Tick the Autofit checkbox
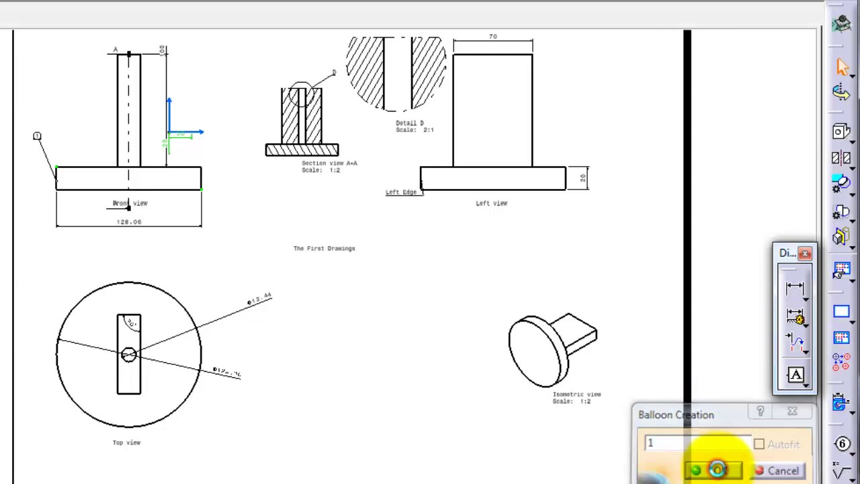pos(759,444)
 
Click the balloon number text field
pos(695,444)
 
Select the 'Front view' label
pos(130,203)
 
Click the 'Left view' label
pos(491,203)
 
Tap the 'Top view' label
pos(126,442)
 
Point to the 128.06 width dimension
pos(128,221)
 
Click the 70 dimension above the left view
pos(493,37)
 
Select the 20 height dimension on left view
pos(583,178)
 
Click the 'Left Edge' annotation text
pos(401,192)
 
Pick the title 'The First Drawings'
pos(324,248)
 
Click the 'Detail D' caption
pos(410,123)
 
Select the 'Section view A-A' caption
pos(329,163)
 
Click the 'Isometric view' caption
pos(576,395)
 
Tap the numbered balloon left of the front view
pos(37,136)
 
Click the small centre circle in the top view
pos(128,354)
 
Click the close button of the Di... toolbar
pos(805,253)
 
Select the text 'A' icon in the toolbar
pos(795,375)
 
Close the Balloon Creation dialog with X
pos(792,411)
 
